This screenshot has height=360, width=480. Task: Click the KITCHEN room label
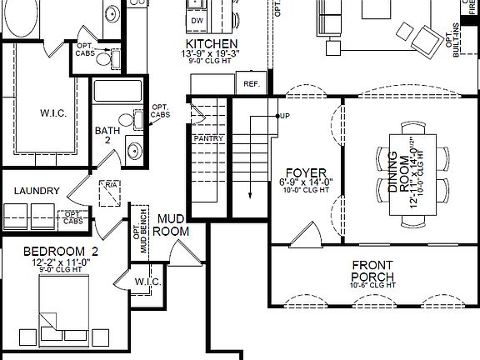click(x=213, y=43)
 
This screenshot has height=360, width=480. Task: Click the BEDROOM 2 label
click(x=61, y=251)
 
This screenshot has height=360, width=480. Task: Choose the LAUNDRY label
click(x=37, y=191)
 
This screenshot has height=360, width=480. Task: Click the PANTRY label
click(x=207, y=138)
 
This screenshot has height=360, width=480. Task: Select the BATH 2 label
click(x=107, y=136)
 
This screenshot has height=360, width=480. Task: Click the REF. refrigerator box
click(x=250, y=84)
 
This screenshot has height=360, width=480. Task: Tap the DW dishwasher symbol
click(x=197, y=19)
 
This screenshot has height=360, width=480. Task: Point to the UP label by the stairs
click(x=285, y=115)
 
